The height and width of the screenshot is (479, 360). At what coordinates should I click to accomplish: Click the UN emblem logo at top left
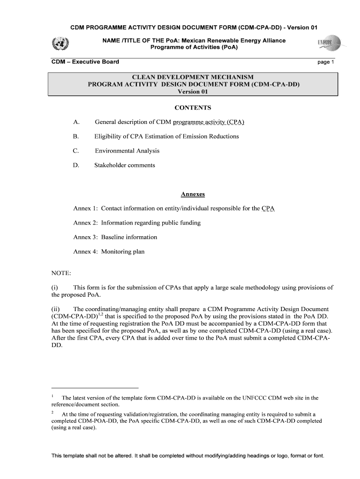coord(60,44)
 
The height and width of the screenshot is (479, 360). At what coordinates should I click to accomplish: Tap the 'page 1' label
coord(326,62)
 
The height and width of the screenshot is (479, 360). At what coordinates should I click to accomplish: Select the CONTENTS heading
coord(193,108)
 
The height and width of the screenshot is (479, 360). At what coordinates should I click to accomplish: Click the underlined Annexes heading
coord(193,194)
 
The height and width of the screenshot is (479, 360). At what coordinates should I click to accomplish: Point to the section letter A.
coord(76,123)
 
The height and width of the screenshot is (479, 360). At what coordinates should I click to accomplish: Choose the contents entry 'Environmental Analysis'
coord(127,151)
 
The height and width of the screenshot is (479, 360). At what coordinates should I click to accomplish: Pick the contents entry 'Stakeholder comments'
coord(125,165)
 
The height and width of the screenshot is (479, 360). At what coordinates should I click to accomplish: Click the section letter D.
coord(76,165)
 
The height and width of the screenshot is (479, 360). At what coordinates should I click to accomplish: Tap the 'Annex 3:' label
coord(85,237)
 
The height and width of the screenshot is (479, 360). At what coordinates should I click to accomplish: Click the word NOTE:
coord(61,273)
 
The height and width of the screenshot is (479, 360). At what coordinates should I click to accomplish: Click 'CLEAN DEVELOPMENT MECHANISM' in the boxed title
coord(193,77)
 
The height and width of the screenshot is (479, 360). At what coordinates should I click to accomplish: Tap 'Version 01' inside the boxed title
coord(193,92)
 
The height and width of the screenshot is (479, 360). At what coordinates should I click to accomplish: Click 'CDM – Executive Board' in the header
coord(85,62)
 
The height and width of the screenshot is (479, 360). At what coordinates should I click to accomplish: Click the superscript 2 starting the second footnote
coord(52,413)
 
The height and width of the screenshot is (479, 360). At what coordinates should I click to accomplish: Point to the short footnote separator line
coord(95,388)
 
